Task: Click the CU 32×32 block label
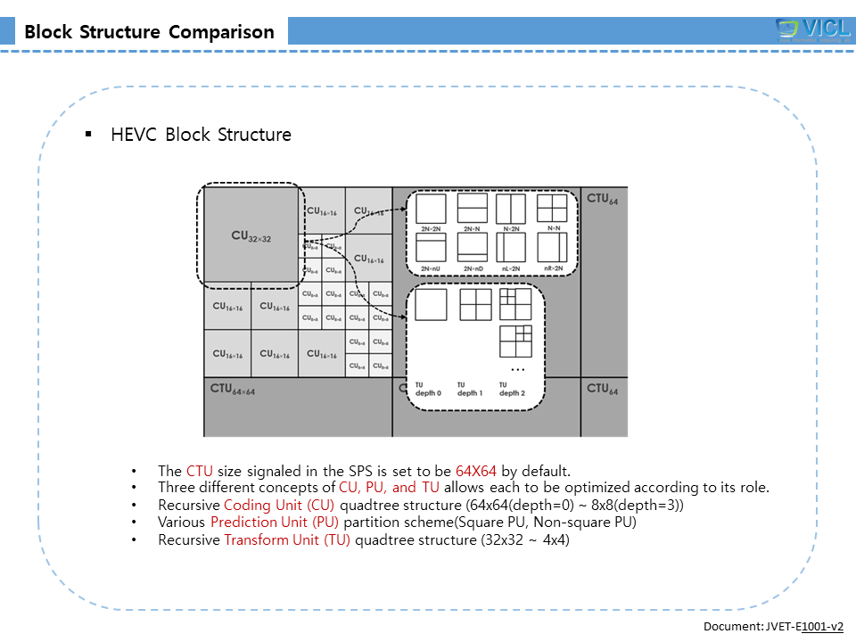click(251, 236)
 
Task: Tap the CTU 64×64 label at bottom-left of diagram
click(232, 390)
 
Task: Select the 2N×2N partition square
click(432, 209)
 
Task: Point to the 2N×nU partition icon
click(432, 247)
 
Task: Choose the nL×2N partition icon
click(511, 247)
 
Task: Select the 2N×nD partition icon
click(472, 247)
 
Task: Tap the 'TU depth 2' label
click(512, 389)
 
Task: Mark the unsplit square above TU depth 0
click(431, 305)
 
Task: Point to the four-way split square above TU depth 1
click(475, 305)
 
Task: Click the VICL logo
click(813, 29)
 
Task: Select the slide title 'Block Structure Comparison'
click(150, 32)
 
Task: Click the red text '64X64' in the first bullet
click(475, 471)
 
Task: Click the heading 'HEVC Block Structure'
click(201, 135)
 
